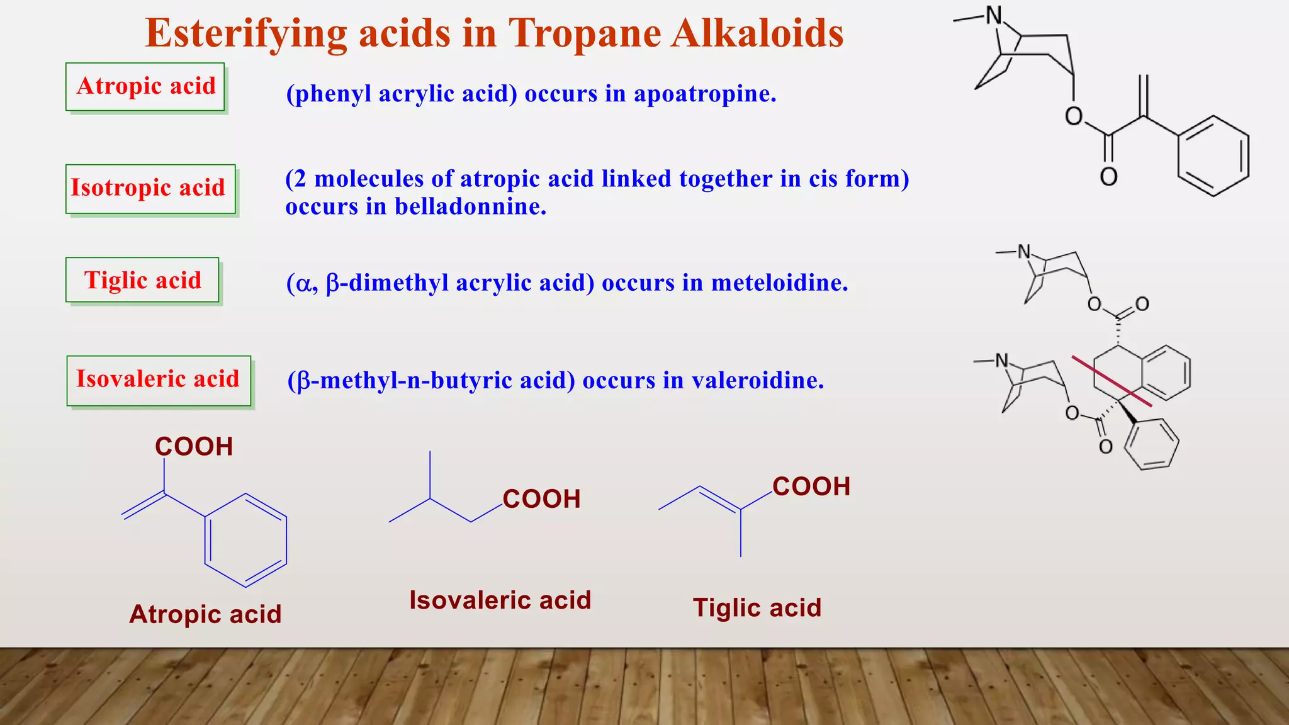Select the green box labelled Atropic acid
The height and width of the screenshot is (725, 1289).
[145, 87]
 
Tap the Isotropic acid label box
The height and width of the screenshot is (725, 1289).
[150, 189]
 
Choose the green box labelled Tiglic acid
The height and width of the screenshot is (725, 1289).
[142, 280]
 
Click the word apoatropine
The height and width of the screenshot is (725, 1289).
[704, 94]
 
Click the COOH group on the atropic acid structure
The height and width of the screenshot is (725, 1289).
[194, 447]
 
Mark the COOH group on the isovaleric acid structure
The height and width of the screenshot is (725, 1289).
[541, 499]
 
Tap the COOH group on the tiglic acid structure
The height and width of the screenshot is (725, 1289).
[811, 486]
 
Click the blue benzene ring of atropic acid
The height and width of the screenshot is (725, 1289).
[246, 540]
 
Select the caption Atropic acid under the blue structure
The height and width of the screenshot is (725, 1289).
[205, 614]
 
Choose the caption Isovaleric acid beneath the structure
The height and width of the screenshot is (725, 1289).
[500, 600]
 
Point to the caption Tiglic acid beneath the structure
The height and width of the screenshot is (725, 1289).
[757, 608]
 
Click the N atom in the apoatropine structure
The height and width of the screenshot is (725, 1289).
[994, 16]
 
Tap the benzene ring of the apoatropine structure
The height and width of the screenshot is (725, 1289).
[1213, 156]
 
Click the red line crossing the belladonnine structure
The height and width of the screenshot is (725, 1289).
[1112, 381]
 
